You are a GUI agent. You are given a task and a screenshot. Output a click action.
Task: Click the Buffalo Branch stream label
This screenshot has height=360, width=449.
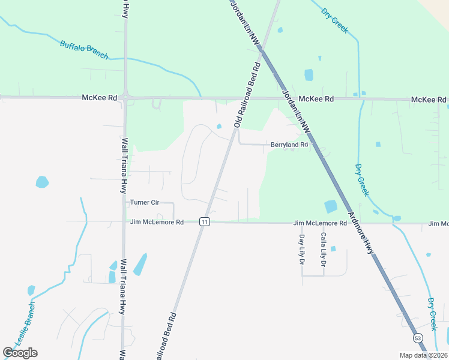(84, 49)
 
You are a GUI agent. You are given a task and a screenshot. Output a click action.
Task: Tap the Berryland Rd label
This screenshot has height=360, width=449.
(289, 145)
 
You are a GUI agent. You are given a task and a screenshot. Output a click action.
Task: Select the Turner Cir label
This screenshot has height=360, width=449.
(145, 203)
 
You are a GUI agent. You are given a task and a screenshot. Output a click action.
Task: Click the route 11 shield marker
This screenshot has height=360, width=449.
(205, 222)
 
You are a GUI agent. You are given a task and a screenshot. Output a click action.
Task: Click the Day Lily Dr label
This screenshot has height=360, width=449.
(302, 250)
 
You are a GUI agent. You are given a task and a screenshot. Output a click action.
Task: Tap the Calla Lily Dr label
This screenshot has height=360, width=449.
(323, 250)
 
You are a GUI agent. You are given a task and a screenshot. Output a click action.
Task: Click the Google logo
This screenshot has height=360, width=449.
(20, 353)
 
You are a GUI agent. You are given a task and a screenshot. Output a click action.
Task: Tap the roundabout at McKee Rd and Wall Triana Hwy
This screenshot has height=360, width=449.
(125, 97)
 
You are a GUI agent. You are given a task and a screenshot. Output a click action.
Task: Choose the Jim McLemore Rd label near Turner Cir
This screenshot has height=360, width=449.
(157, 222)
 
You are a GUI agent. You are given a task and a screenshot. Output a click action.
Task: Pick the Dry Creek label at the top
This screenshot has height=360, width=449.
(334, 20)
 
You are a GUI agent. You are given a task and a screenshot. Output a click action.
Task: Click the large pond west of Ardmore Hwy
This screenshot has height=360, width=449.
(331, 206)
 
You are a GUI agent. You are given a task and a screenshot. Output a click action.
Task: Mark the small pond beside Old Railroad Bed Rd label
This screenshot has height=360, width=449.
(219, 126)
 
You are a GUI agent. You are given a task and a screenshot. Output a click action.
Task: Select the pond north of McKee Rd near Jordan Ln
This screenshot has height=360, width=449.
(309, 75)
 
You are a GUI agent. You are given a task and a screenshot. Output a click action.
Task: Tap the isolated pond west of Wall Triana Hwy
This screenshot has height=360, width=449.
(42, 182)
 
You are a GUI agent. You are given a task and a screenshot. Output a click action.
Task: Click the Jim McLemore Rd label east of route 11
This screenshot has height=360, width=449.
(320, 223)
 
